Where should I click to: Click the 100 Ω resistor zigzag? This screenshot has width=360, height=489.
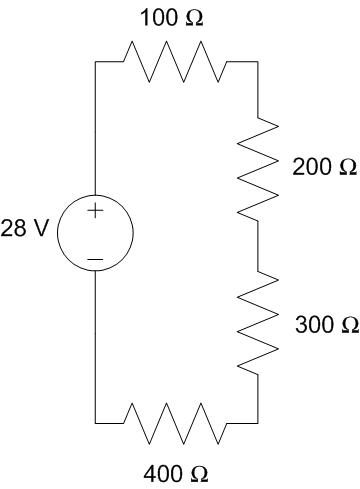(175, 62)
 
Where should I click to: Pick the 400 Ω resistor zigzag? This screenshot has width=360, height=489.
(175, 423)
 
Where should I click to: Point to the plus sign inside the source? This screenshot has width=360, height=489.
(95, 211)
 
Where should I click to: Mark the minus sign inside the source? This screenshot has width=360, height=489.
(95, 259)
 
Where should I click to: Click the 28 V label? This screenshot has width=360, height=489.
(25, 230)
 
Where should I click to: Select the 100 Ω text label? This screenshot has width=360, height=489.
(172, 18)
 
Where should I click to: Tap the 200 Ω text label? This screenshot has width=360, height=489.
(325, 167)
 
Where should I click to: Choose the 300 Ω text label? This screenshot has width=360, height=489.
(327, 325)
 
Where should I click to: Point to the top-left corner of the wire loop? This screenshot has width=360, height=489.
(95, 62)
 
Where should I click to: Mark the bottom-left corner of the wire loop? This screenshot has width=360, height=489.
(95, 423)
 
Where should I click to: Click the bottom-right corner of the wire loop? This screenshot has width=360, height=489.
(258, 423)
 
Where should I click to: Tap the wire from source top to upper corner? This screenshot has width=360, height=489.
(95, 130)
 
